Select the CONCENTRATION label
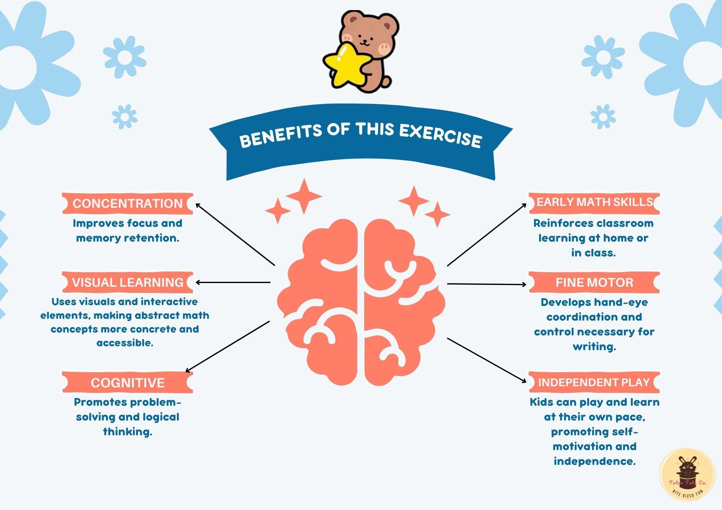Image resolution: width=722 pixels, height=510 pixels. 127,203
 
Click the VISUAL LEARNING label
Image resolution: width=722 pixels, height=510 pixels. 127,282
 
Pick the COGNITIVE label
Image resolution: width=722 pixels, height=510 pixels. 127,383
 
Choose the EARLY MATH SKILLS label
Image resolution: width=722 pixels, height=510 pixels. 594,202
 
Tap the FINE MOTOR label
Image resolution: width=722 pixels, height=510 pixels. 594,282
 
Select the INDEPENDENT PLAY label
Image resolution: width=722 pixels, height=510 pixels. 594,382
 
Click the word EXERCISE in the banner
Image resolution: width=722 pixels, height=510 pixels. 440,136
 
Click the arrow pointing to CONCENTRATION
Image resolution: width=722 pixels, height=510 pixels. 235,234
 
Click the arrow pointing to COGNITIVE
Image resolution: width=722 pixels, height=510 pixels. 227,347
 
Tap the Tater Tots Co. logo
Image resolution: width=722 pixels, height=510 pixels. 687,475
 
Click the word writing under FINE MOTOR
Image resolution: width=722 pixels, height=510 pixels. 594,347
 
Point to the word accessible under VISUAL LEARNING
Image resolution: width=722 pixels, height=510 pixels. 125,343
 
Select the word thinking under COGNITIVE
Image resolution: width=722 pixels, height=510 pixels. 127,432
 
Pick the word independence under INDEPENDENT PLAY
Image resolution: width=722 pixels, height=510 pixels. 594,461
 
